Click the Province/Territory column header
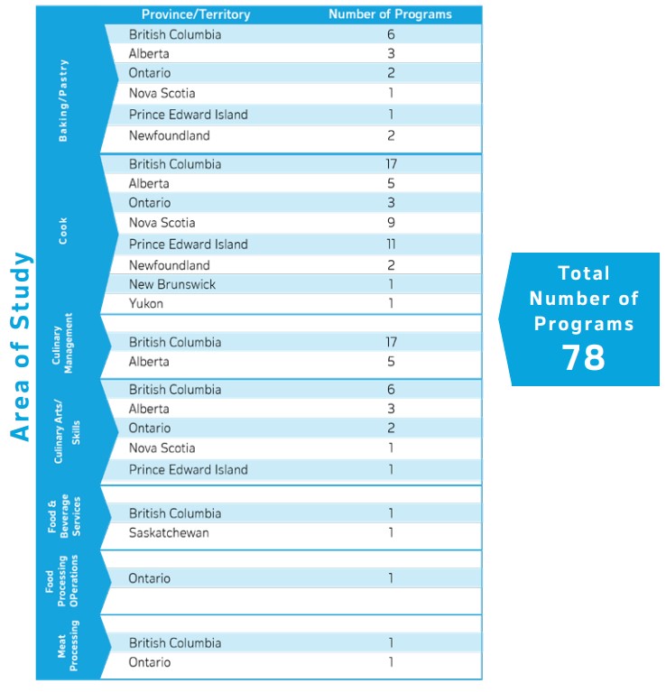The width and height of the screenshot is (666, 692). pyautogui.click(x=196, y=14)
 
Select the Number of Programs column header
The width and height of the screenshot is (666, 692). pyautogui.click(x=390, y=14)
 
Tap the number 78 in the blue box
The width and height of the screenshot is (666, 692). pyautogui.click(x=584, y=357)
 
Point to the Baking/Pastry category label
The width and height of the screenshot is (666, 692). pyautogui.click(x=63, y=100)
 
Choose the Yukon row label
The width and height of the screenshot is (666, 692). pyautogui.click(x=146, y=304)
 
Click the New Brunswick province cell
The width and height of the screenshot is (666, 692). pyautogui.click(x=171, y=284)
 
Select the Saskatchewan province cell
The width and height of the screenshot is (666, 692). pyautogui.click(x=169, y=532)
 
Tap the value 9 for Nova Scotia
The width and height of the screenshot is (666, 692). pyautogui.click(x=390, y=223)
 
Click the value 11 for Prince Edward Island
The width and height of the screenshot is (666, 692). pyautogui.click(x=390, y=245)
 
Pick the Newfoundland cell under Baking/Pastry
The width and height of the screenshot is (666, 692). pyautogui.click(x=169, y=135)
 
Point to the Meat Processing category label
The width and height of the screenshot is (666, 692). pyautogui.click(x=68, y=646)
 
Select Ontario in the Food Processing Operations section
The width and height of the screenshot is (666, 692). pyautogui.click(x=149, y=578)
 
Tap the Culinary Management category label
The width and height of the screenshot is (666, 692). pyautogui.click(x=62, y=343)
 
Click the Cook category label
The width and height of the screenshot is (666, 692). pyautogui.click(x=63, y=230)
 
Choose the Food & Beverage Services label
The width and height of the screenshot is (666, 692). pyautogui.click(x=64, y=517)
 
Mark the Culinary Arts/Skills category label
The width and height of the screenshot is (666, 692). pyautogui.click(x=68, y=429)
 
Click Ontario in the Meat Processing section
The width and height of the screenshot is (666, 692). pyautogui.click(x=149, y=662)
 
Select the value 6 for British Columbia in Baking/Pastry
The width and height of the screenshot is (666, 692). pyautogui.click(x=390, y=34)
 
